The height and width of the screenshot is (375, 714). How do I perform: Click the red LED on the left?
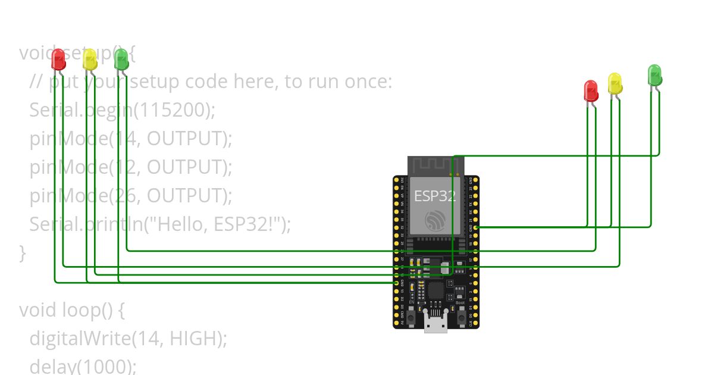pos(58,59)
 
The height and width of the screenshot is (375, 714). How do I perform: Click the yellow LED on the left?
pos(90,60)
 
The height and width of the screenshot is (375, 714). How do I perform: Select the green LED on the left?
pos(121,59)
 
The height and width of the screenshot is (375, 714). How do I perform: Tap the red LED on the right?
pos(590,90)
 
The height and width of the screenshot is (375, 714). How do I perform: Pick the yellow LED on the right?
pos(615,83)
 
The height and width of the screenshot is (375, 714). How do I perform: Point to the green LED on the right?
pos(654,75)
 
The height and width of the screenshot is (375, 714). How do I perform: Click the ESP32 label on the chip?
pos(435,196)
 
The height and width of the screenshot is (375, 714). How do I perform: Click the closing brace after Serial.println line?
pos(23,253)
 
